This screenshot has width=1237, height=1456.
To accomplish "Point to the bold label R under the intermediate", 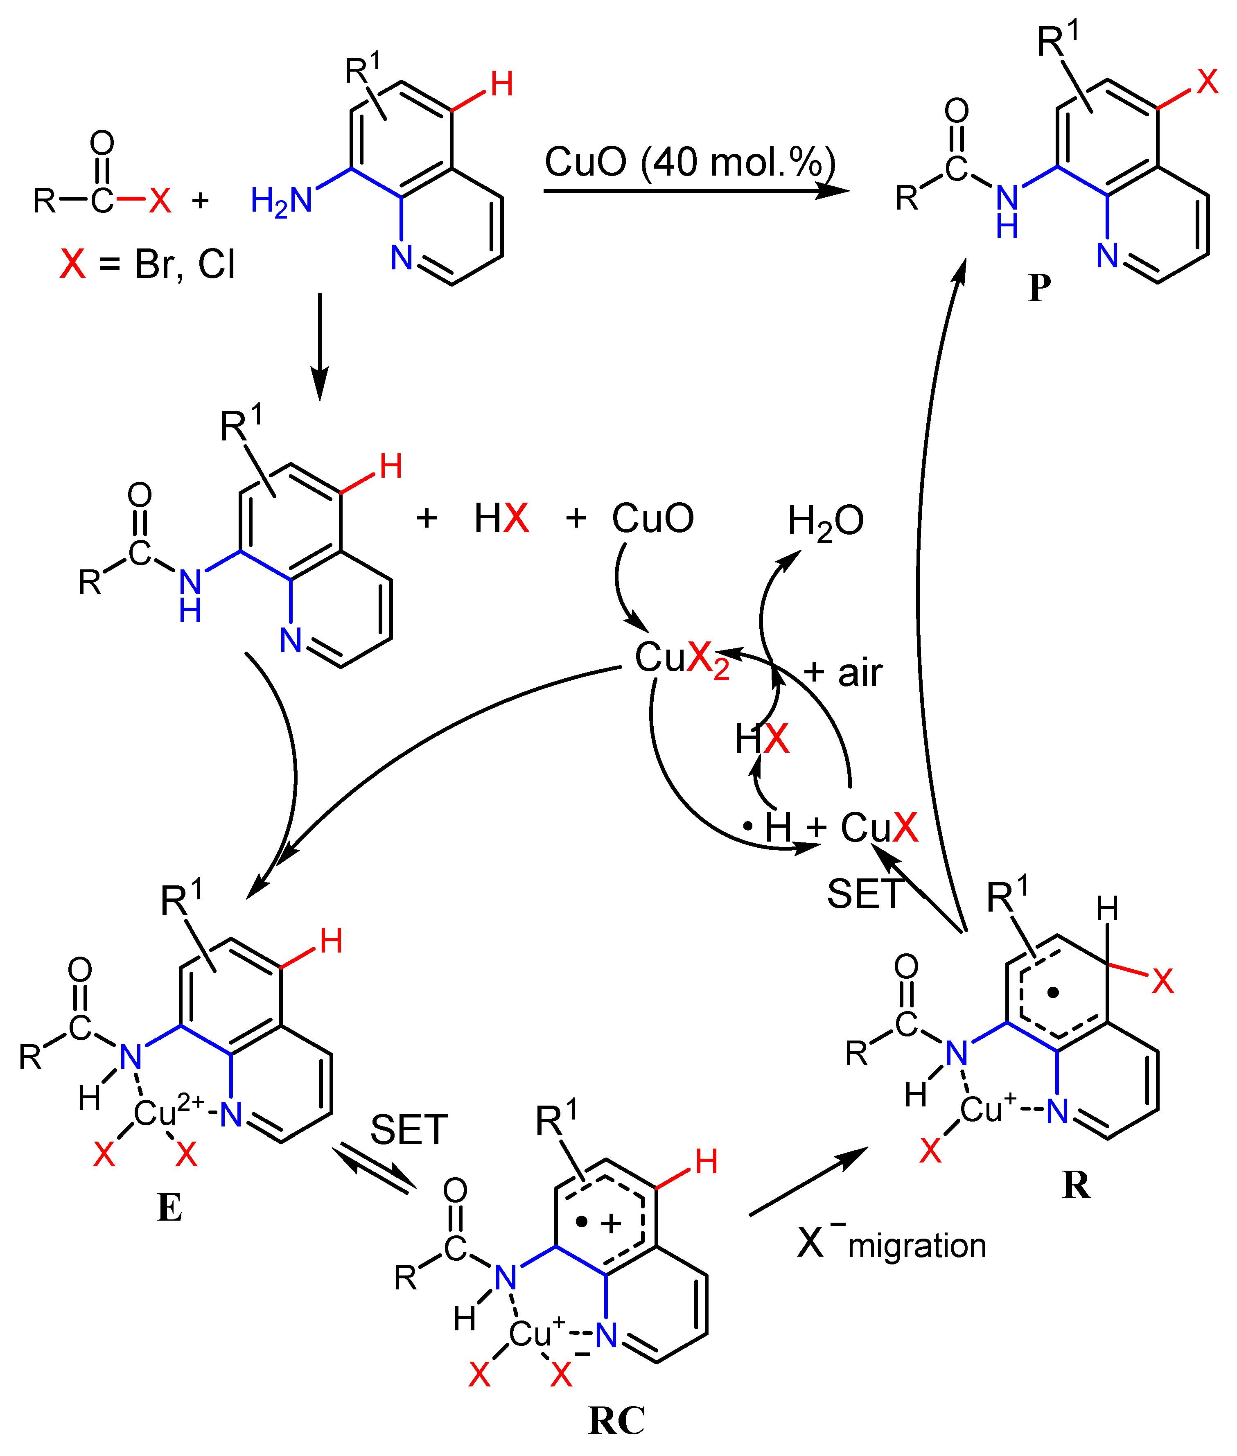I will (1077, 1185).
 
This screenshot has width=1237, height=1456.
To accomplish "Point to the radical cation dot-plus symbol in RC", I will (598, 1223).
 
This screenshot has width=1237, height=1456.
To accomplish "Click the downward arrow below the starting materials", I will (320, 347).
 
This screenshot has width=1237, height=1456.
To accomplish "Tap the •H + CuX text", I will (831, 828).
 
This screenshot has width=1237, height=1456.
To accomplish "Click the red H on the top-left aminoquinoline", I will (501, 85).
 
